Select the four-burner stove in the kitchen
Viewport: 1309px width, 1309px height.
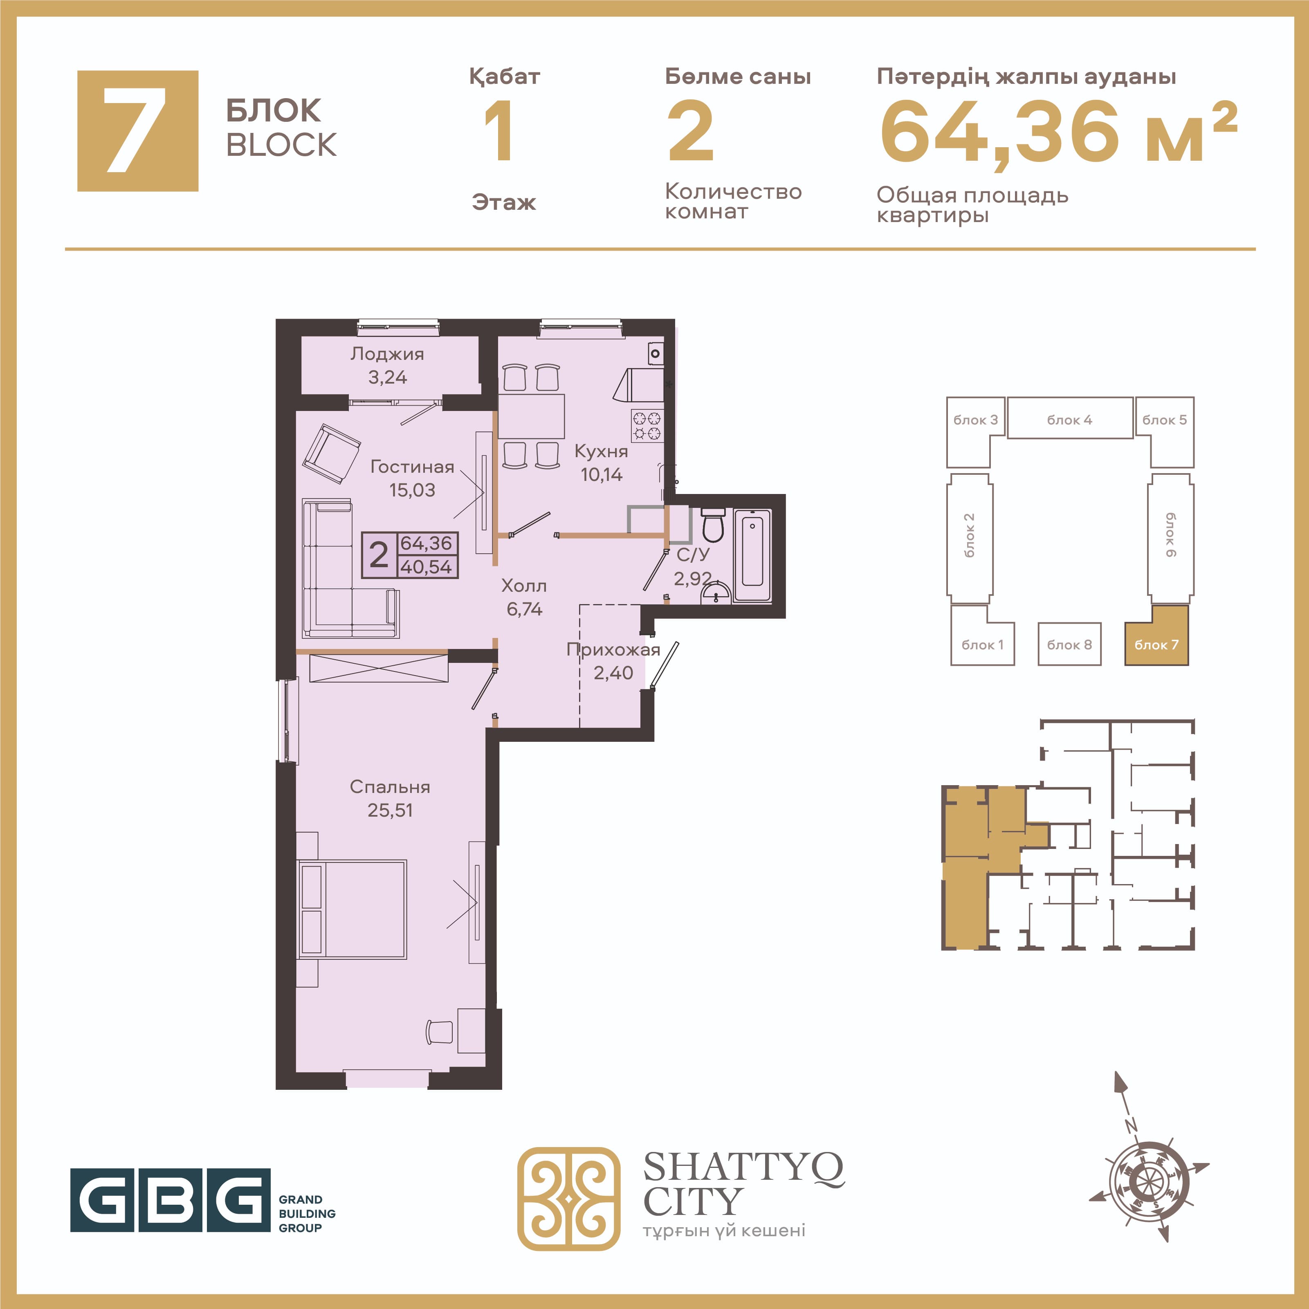coord(647,425)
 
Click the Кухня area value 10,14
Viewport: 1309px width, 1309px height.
coord(602,475)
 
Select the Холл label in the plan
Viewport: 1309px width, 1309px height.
coord(524,586)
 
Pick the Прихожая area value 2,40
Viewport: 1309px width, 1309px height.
coord(613,673)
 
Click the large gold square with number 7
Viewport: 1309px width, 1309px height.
coord(137,131)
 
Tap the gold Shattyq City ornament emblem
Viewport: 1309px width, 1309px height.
coord(568,1199)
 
